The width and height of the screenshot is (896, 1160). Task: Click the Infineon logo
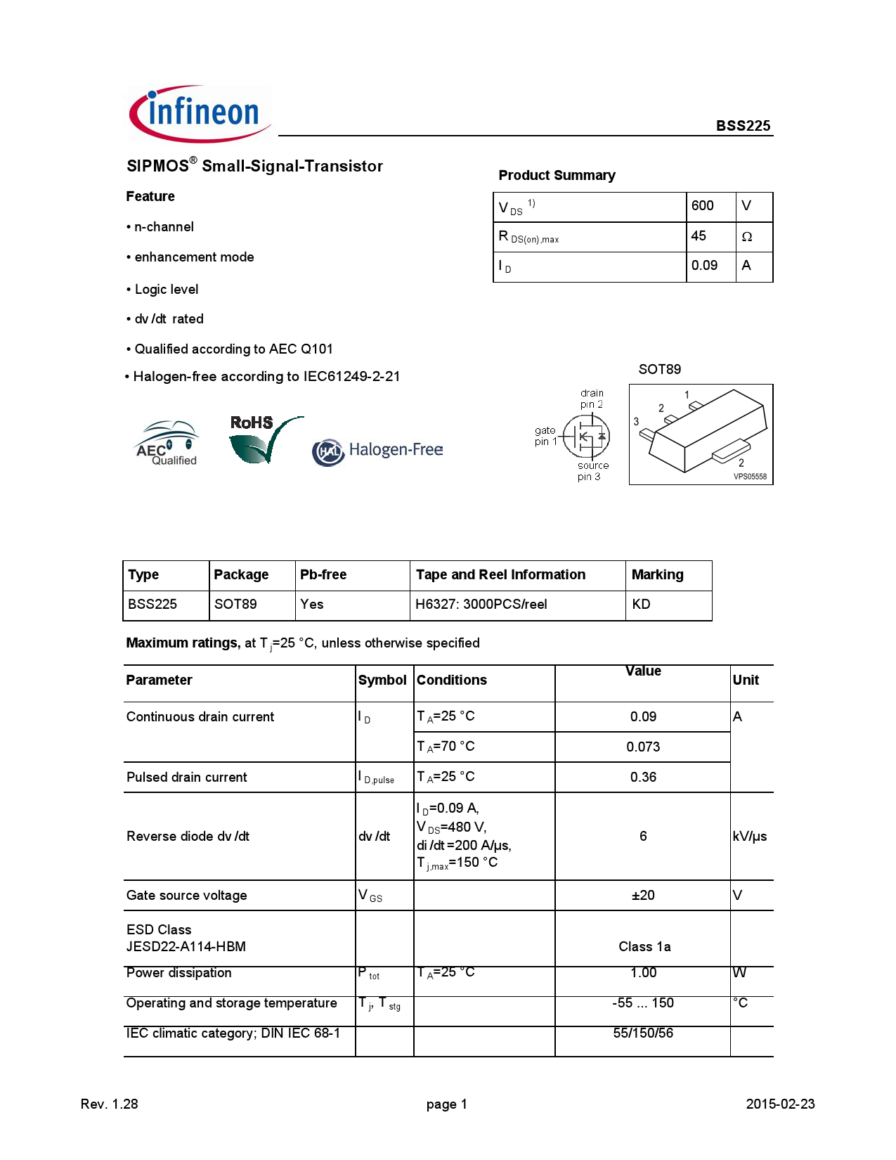(x=200, y=114)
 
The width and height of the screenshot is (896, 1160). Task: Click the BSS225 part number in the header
(x=743, y=126)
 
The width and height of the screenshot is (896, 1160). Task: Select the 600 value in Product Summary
(x=702, y=206)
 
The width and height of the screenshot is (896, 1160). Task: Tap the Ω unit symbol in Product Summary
(x=746, y=237)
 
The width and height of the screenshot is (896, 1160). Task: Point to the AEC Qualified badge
(x=167, y=444)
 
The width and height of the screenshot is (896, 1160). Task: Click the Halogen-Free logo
(x=377, y=451)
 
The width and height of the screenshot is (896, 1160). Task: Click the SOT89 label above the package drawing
(x=659, y=370)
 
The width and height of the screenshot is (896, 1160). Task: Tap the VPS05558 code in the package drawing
(x=750, y=477)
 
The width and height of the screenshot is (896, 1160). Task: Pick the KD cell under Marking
(x=641, y=605)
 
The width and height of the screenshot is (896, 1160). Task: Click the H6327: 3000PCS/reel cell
(x=481, y=605)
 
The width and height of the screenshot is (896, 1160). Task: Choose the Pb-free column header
(x=323, y=575)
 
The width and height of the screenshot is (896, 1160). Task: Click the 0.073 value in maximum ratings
(x=643, y=747)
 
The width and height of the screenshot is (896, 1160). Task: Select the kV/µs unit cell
(x=749, y=837)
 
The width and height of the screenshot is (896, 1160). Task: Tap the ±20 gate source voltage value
(x=643, y=896)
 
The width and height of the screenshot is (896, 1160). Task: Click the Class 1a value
(x=644, y=947)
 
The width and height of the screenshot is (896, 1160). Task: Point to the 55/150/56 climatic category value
(x=643, y=1033)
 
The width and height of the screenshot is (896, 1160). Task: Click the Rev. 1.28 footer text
(x=110, y=1104)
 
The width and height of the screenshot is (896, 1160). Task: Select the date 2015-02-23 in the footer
(x=780, y=1104)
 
